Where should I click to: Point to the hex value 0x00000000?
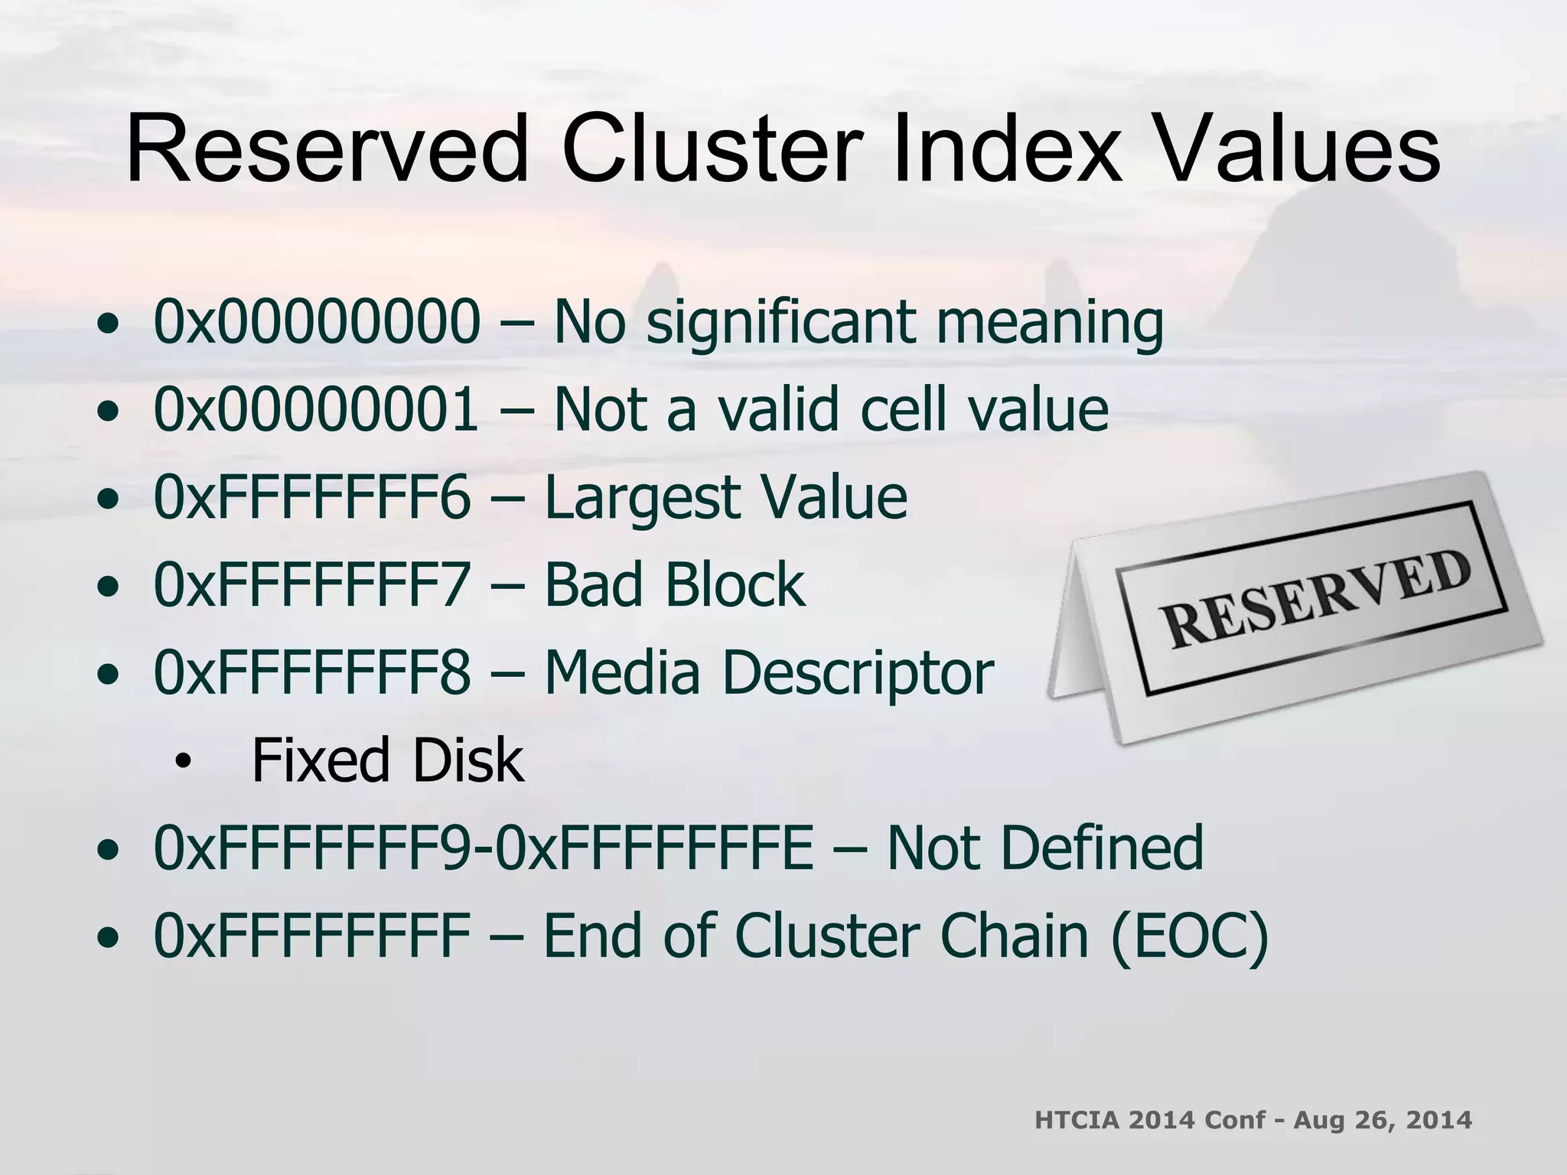(317, 322)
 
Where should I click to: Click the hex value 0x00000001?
(317, 410)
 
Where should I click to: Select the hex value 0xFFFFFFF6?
(312, 498)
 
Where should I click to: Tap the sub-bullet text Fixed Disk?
(388, 760)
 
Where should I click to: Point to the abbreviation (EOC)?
(1191, 936)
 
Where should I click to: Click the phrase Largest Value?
(725, 498)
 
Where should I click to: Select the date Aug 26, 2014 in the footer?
(1383, 1120)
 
